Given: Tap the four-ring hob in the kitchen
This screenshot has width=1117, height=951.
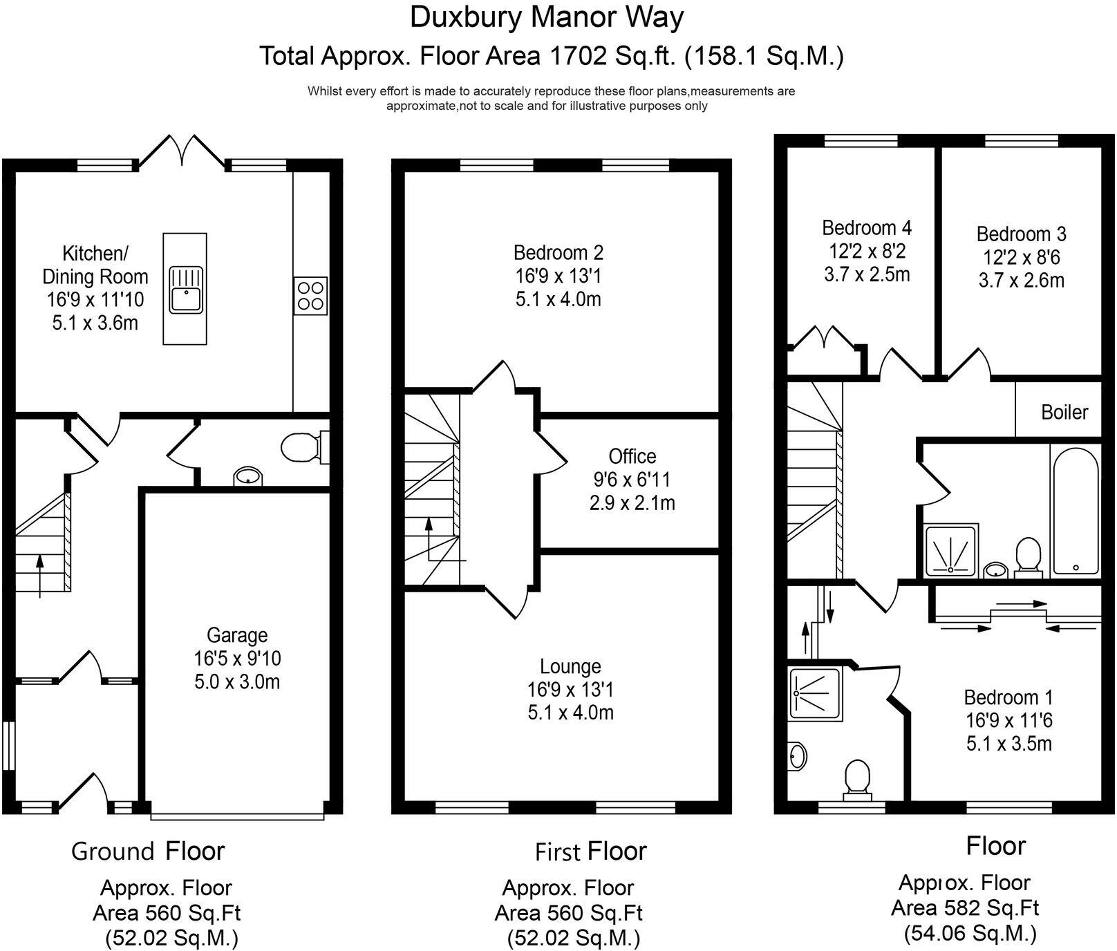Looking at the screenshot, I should tap(310, 296).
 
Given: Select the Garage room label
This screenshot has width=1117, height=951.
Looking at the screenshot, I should tap(237, 635).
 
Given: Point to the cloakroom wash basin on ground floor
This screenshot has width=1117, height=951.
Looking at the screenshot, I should tap(247, 476).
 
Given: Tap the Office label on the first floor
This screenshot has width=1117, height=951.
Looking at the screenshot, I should tap(632, 456).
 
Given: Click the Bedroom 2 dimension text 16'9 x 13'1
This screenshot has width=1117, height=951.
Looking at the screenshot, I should tap(558, 276).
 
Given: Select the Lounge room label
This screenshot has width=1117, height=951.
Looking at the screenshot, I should tap(570, 666).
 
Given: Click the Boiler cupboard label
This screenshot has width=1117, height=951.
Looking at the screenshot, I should tap(1064, 413).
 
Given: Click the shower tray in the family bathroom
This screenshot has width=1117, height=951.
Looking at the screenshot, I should tap(951, 550).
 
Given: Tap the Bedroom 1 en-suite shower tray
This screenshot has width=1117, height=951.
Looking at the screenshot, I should tap(816, 694).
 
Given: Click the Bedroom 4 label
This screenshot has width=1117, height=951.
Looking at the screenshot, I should tap(866, 227).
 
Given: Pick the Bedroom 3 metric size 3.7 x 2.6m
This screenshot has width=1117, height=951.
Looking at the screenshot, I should tap(1021, 281).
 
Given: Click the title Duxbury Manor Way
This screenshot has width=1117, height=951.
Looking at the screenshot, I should tap(547, 17).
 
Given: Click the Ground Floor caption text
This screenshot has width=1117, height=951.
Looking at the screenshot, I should tap(148, 851).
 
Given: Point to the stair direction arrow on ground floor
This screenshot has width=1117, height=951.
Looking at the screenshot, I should tap(39, 574).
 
